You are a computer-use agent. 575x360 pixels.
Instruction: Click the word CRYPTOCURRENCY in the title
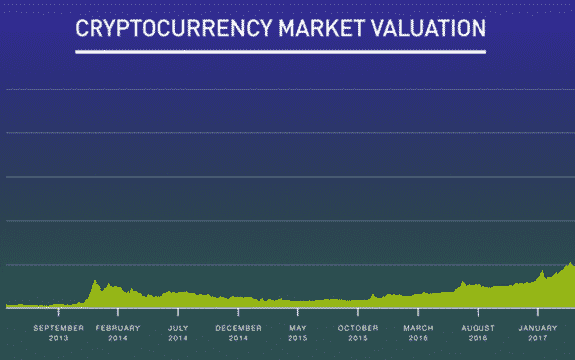point(173,28)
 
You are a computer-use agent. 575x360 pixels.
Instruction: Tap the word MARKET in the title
point(321,28)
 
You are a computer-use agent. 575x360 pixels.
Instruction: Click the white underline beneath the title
point(281,52)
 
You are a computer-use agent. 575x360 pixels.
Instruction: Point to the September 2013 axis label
point(59,333)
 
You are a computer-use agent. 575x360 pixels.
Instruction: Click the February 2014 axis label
point(118,333)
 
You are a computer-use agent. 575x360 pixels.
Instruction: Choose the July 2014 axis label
point(178,333)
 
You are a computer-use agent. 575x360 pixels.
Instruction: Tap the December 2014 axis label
point(238,333)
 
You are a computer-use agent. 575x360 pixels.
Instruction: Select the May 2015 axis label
point(298,333)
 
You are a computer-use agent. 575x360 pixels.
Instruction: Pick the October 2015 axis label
point(358,333)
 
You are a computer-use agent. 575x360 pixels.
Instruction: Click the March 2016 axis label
point(418,333)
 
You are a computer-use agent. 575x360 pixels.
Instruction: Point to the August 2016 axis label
point(478,333)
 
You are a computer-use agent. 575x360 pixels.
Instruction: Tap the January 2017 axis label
point(538,333)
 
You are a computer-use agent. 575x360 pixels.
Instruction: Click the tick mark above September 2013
point(59,312)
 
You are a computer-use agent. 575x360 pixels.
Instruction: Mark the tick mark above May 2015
point(298,312)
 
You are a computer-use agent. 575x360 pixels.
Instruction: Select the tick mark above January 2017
point(538,312)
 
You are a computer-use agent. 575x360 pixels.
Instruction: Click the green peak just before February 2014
point(95,281)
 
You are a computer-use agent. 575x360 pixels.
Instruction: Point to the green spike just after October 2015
point(373,295)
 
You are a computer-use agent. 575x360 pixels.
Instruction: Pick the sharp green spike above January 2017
point(542,272)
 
